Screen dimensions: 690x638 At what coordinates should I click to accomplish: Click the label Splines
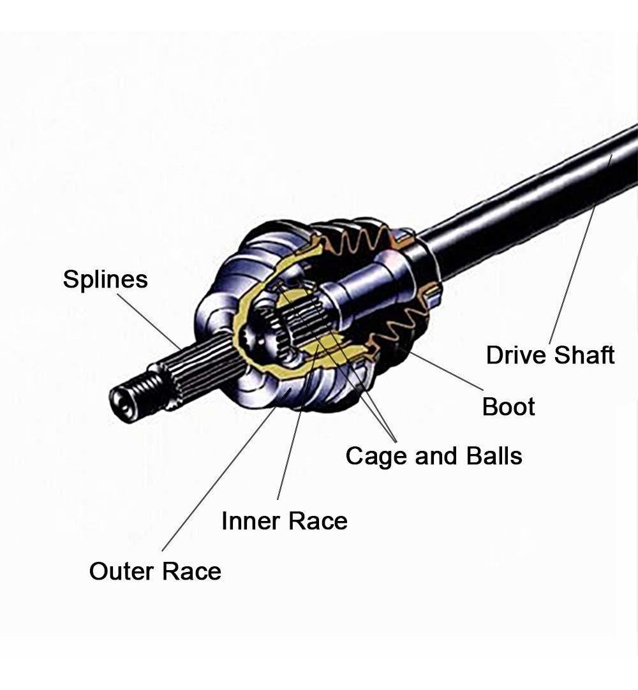[x=105, y=279]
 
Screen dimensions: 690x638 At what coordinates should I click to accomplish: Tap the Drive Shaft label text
[x=550, y=355]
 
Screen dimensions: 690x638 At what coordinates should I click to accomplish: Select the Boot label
[x=508, y=406]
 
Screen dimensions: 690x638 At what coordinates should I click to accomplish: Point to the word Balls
[x=491, y=456]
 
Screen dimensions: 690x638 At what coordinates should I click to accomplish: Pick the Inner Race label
[x=284, y=521]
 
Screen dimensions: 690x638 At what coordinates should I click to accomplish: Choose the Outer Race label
[x=155, y=571]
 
